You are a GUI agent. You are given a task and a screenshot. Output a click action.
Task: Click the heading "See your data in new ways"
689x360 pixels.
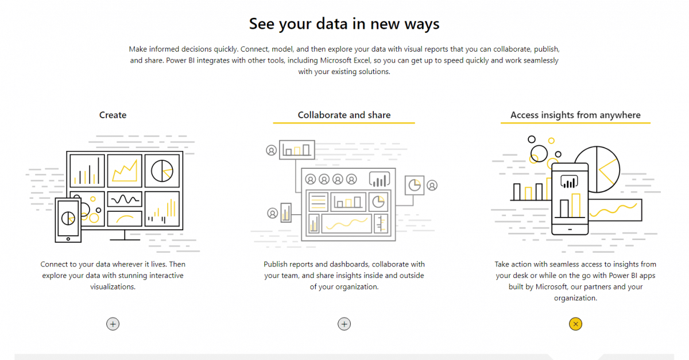(x=344, y=24)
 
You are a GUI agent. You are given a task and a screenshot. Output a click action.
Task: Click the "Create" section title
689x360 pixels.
(x=113, y=115)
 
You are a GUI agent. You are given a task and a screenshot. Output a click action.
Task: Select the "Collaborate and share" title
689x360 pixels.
(x=344, y=115)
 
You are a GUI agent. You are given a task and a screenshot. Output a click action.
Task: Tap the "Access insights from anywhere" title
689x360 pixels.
(x=575, y=115)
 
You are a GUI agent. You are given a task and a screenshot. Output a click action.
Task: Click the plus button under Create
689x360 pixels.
(x=113, y=324)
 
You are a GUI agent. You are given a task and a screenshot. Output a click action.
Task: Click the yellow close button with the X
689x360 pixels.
(x=575, y=324)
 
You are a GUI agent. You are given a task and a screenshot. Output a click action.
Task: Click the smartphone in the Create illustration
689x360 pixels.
(x=68, y=219)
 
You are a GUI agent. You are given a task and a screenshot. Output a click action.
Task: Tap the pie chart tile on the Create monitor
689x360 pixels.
(x=162, y=170)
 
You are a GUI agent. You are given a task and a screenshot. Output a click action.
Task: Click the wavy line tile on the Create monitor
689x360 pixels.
(x=125, y=199)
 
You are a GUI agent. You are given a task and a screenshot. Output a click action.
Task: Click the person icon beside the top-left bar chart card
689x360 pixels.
(x=271, y=150)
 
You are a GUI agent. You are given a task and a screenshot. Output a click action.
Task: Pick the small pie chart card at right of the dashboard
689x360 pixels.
(x=414, y=185)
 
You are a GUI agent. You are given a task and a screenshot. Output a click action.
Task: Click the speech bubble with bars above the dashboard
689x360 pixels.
(x=380, y=180)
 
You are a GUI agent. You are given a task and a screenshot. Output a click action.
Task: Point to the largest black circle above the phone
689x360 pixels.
(x=539, y=153)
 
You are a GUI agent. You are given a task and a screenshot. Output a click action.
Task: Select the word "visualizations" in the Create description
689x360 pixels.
(x=113, y=287)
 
